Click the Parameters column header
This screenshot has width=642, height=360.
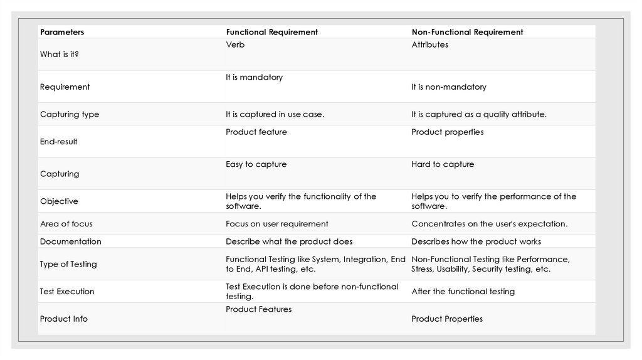62,32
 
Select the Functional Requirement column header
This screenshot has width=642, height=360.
271,32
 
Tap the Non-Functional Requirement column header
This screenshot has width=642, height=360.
467,32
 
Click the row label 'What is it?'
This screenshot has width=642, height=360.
60,55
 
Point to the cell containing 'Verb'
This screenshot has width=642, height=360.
235,45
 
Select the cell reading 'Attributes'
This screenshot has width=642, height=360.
429,45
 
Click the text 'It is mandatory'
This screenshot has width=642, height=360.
254,78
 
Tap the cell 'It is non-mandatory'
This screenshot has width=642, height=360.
448,87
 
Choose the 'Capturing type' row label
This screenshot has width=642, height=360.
70,115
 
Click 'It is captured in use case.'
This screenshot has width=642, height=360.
275,115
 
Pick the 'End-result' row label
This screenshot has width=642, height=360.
59,142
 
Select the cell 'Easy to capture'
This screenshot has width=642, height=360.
256,164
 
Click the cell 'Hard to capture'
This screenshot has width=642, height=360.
443,164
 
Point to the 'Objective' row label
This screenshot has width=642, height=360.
59,201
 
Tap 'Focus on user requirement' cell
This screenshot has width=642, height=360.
276,224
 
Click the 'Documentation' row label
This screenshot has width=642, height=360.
70,241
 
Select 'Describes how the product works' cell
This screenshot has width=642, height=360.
476,241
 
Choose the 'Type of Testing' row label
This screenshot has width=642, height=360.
68,264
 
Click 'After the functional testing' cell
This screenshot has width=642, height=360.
463,292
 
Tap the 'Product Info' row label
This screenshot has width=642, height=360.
64,319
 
